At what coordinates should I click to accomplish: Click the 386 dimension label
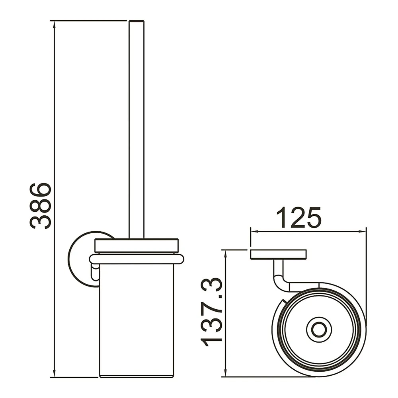[x=41, y=206]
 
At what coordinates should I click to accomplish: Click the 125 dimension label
[x=298, y=218]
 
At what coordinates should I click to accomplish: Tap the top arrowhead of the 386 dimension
[x=54, y=24]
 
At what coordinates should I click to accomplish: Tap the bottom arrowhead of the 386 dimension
[x=54, y=373]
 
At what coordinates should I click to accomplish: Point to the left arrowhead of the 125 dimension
[x=255, y=231]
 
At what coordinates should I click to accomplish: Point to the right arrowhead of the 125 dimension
[x=362, y=231]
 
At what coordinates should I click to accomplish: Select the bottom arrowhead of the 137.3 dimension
[x=225, y=373]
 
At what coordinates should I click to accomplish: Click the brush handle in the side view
[x=137, y=129]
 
